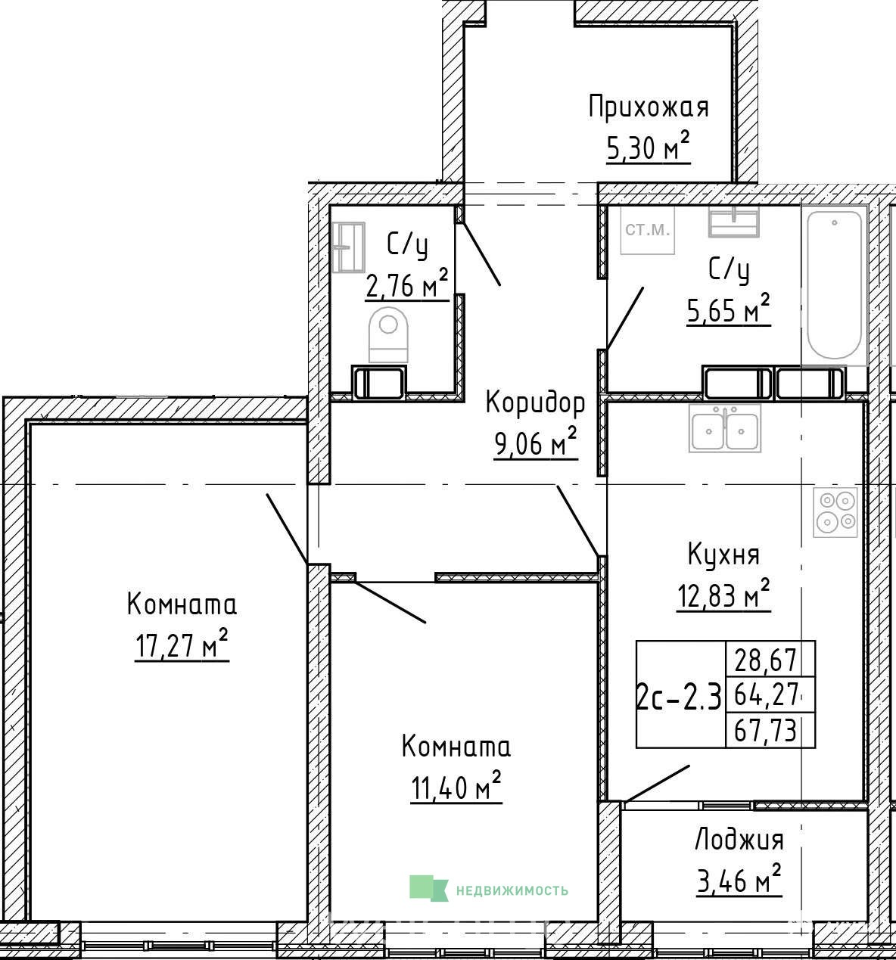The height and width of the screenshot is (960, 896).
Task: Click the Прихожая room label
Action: tap(649, 107)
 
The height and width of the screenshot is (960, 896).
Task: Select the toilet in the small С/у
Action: tap(387, 335)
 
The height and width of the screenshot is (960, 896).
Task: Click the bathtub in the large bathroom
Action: tap(834, 284)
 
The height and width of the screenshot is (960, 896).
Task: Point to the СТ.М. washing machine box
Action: tap(648, 230)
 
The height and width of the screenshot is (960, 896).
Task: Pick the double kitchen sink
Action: tap(725, 427)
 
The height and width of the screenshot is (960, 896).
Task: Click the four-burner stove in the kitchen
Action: tap(835, 512)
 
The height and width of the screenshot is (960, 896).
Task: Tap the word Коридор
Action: tap(535, 402)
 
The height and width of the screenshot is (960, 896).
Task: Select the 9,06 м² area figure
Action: tap(535, 441)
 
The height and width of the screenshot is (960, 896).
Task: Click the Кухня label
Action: tap(723, 554)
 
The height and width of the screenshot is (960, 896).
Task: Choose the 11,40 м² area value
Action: tap(456, 786)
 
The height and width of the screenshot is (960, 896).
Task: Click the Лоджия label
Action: tap(739, 840)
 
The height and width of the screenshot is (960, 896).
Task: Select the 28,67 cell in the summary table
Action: tap(765, 660)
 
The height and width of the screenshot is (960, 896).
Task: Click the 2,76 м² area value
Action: tap(407, 284)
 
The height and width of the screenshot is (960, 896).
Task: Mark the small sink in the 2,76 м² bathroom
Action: tap(349, 247)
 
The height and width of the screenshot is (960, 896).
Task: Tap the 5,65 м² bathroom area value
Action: tap(728, 309)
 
